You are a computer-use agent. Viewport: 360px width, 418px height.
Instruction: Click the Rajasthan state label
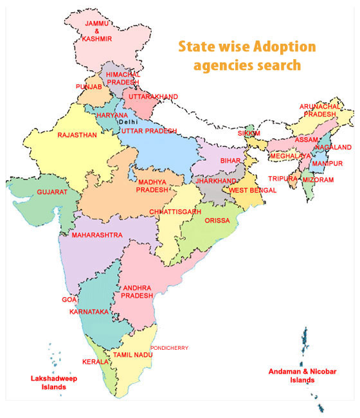pyautogui.click(x=76, y=135)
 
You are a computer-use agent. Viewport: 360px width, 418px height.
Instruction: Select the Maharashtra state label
pyautogui.click(x=96, y=235)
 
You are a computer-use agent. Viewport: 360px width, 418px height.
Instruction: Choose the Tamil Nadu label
pyautogui.click(x=132, y=354)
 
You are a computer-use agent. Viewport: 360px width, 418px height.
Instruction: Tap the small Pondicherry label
pyautogui.click(x=169, y=348)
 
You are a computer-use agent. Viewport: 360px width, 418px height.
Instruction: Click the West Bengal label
pyautogui.click(x=253, y=190)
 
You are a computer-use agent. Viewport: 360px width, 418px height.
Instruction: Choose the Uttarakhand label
pyautogui.click(x=153, y=96)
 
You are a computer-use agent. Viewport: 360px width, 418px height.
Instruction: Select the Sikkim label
pyautogui.click(x=249, y=133)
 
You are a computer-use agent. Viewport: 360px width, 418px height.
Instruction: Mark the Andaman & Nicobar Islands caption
pyautogui.click(x=301, y=376)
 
